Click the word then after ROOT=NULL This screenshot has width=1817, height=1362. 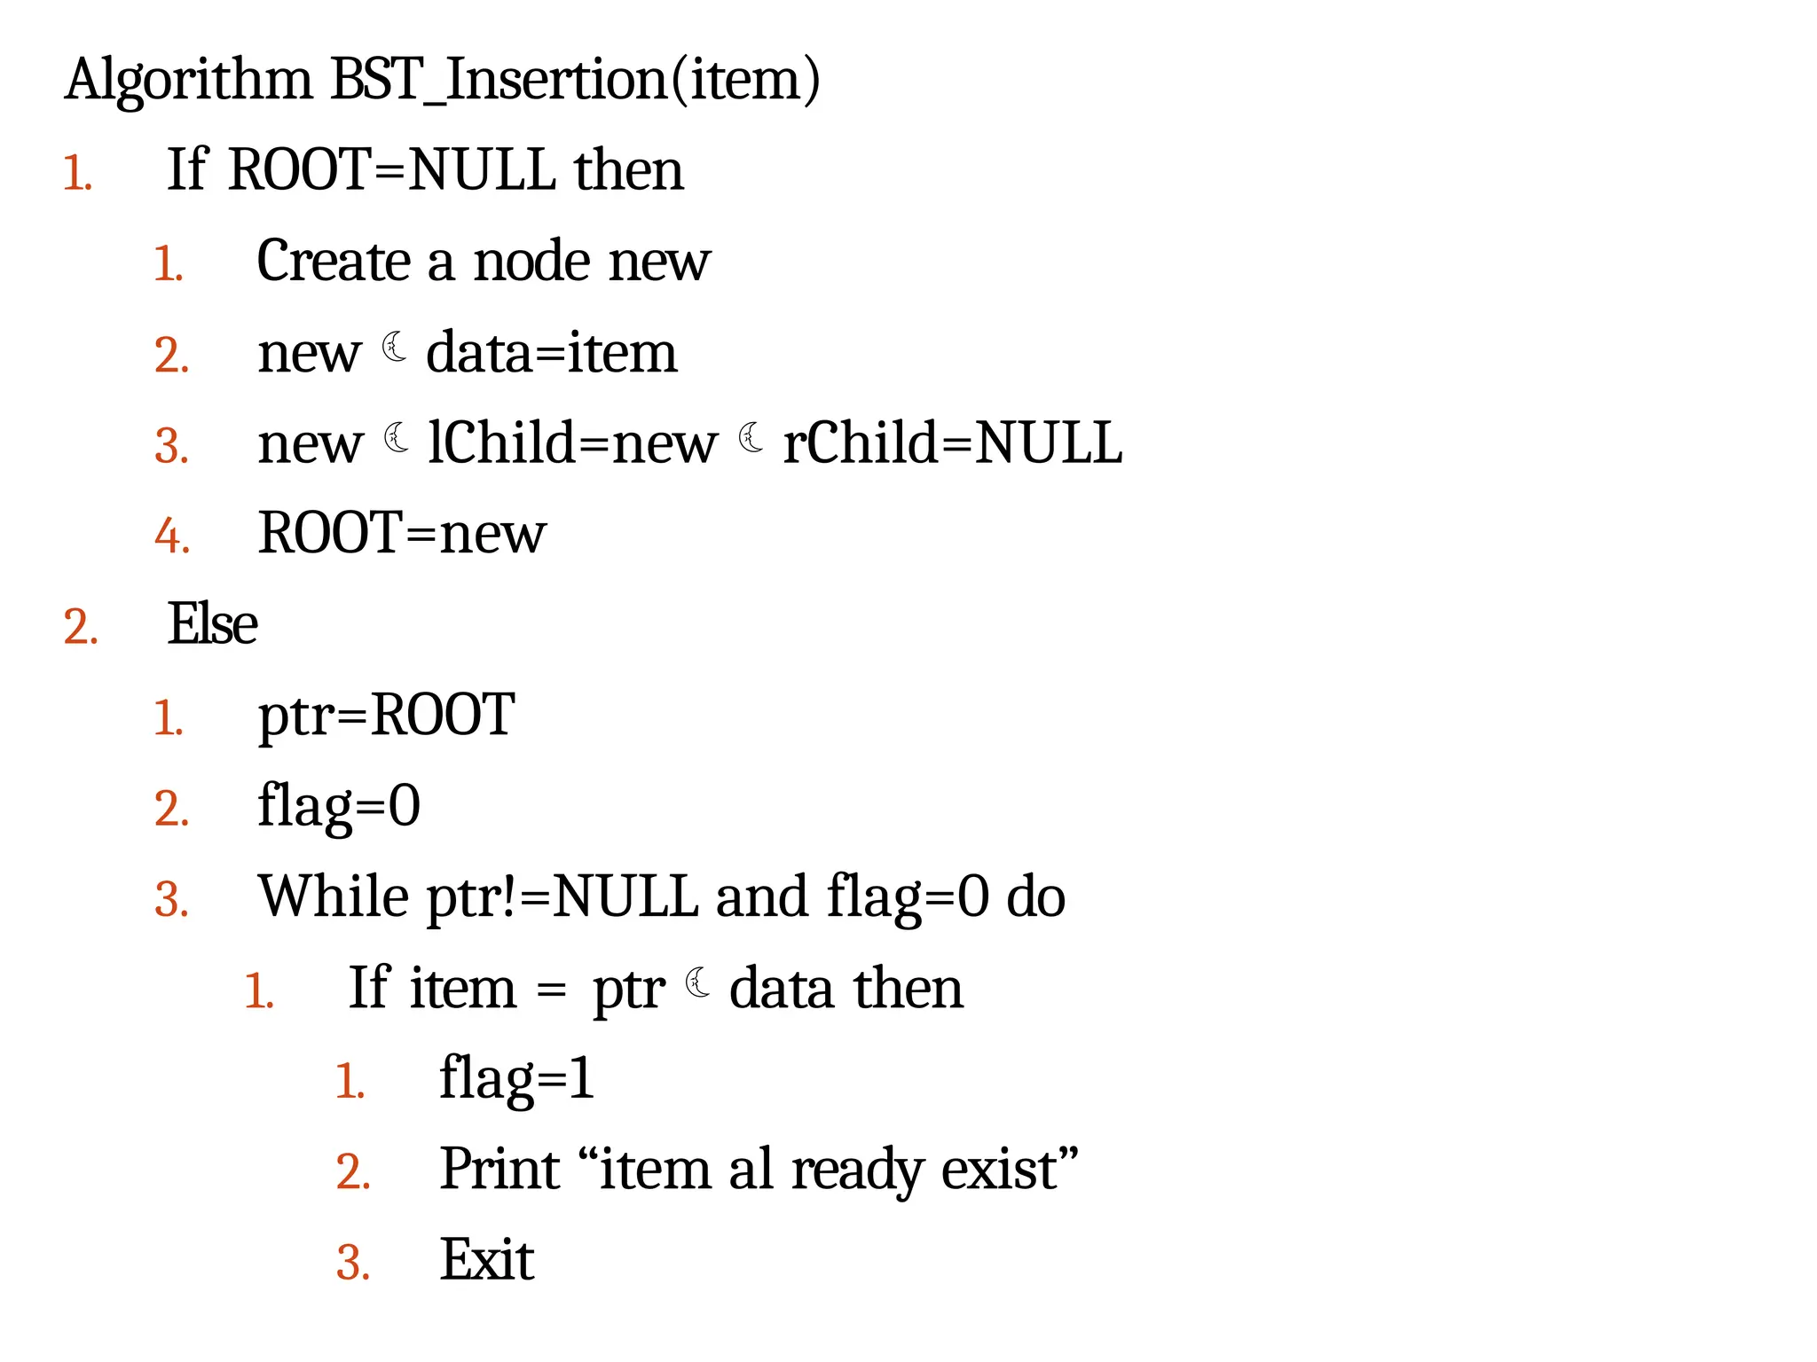[x=628, y=170]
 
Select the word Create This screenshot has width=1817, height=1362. [x=334, y=262]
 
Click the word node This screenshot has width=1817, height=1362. [x=531, y=262]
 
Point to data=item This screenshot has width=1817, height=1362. [x=551, y=353]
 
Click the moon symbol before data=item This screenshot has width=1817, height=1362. [x=395, y=347]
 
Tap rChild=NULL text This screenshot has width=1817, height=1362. [x=952, y=442]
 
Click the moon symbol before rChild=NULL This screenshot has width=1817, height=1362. [x=751, y=437]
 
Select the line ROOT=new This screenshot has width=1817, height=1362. [x=402, y=534]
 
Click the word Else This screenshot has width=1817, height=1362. [x=213, y=624]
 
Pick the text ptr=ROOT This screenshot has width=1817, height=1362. [x=386, y=715]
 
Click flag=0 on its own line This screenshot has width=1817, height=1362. [x=339, y=806]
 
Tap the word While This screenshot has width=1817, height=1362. [x=334, y=896]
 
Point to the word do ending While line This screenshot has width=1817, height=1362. [x=1035, y=896]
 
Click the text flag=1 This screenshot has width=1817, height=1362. [x=516, y=1079]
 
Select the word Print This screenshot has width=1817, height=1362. [x=499, y=1169]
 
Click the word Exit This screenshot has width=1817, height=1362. [x=487, y=1260]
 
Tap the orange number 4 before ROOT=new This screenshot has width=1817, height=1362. [x=170, y=536]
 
